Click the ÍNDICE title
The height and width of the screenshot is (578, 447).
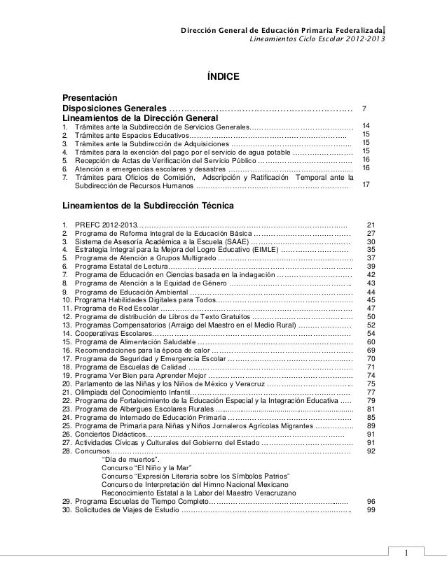(x=223, y=76)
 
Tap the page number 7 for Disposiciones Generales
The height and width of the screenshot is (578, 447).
(x=363, y=109)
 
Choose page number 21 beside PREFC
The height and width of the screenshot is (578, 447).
(x=371, y=224)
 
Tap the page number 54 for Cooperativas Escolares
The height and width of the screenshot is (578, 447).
(x=371, y=334)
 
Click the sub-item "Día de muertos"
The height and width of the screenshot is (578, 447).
(x=130, y=460)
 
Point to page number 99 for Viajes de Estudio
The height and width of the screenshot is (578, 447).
(x=371, y=510)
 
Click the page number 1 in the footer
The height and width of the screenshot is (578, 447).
(x=404, y=556)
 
